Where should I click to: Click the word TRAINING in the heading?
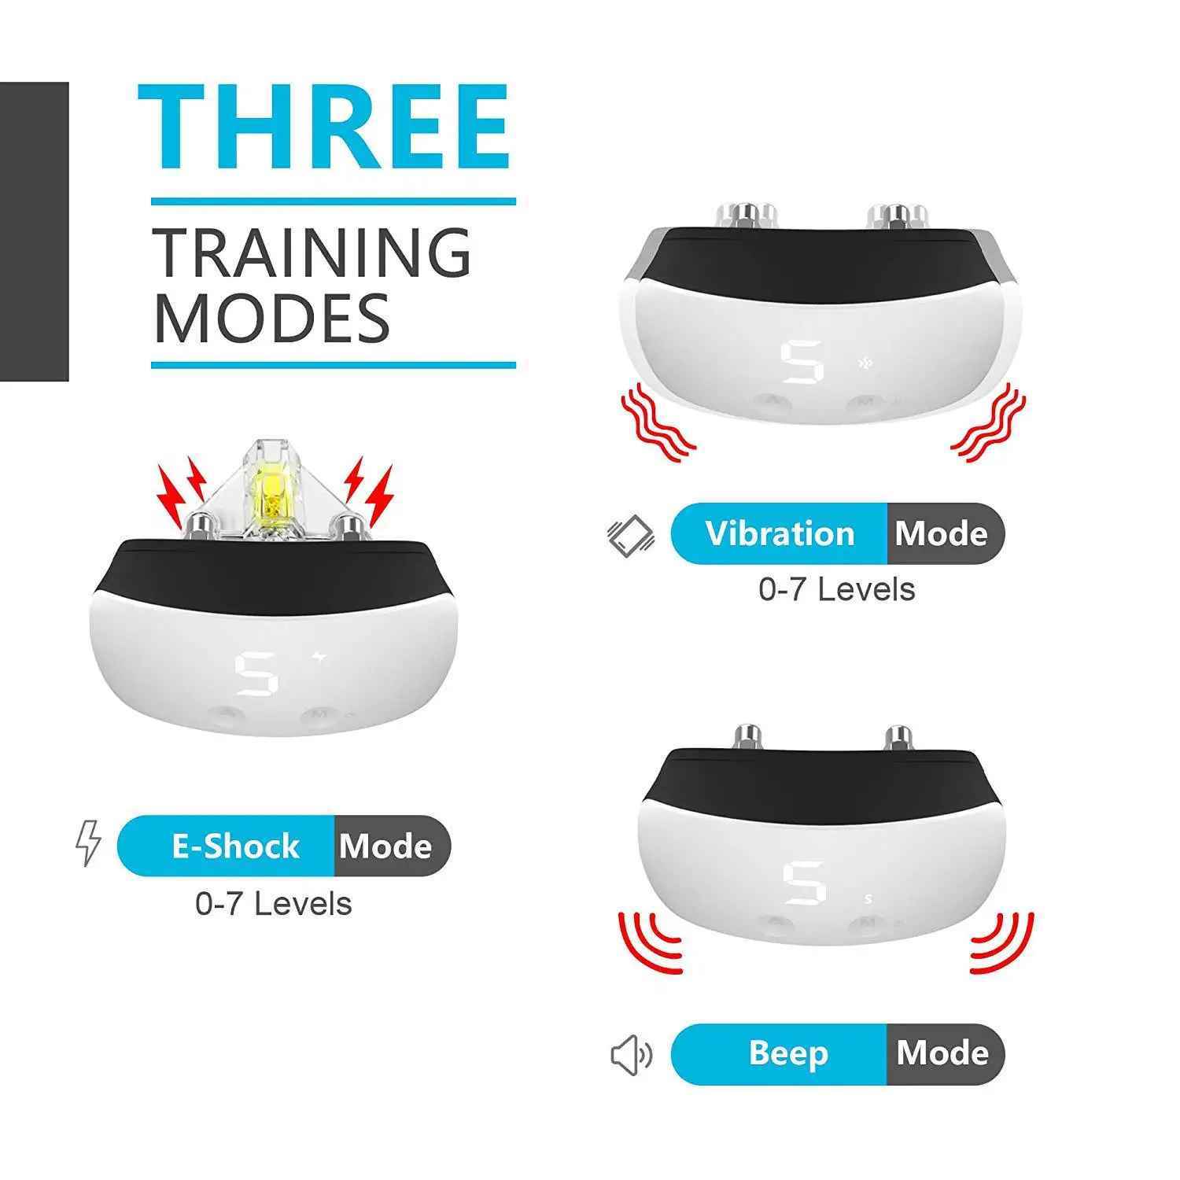(x=312, y=253)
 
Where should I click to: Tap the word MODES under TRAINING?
(x=271, y=318)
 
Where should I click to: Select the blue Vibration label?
(x=779, y=533)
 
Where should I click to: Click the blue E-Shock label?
(x=234, y=846)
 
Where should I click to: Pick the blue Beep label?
(x=787, y=1053)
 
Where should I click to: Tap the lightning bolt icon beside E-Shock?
(x=88, y=843)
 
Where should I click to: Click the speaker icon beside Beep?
(x=631, y=1055)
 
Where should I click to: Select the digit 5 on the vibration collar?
(x=802, y=363)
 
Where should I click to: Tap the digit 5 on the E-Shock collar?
(x=256, y=674)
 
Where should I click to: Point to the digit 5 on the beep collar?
(x=804, y=883)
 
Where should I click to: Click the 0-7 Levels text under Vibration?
(x=836, y=589)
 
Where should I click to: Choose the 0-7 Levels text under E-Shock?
(x=273, y=904)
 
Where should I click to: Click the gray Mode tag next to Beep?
(x=943, y=1053)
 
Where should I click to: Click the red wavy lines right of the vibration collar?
(x=990, y=423)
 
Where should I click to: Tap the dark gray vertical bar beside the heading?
(x=34, y=231)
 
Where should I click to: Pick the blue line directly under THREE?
(x=333, y=202)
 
